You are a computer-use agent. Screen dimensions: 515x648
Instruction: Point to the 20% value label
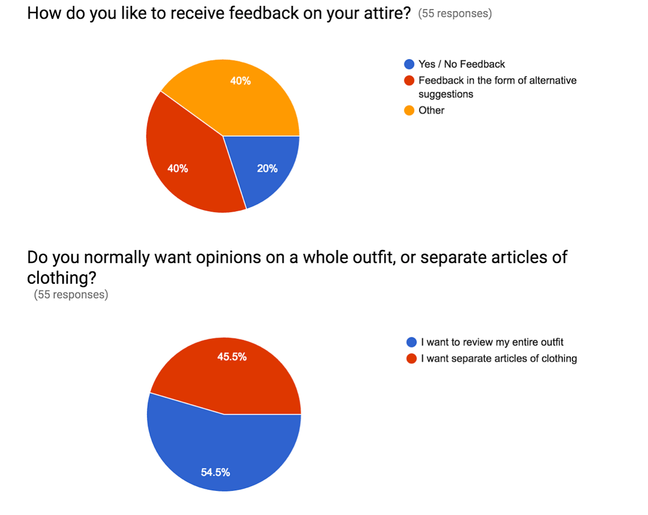[x=267, y=168]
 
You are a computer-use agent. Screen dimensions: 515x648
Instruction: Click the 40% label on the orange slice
[x=240, y=81]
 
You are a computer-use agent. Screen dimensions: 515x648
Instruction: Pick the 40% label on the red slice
[x=178, y=168]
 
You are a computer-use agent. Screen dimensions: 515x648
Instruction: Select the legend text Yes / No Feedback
[x=462, y=64]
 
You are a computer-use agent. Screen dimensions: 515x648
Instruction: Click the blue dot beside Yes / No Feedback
[x=410, y=64]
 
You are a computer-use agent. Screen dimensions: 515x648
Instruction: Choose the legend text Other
[x=431, y=111]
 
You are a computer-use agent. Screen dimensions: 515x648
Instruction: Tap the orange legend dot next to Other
[x=410, y=111]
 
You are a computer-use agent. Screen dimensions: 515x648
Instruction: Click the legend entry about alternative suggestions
[x=497, y=87]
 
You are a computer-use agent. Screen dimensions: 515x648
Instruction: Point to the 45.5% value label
[x=232, y=357]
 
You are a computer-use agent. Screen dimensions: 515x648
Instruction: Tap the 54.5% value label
[x=215, y=472]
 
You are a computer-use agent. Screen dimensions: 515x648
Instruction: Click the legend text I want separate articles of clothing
[x=498, y=358]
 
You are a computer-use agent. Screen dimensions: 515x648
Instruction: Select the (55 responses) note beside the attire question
[x=455, y=14]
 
